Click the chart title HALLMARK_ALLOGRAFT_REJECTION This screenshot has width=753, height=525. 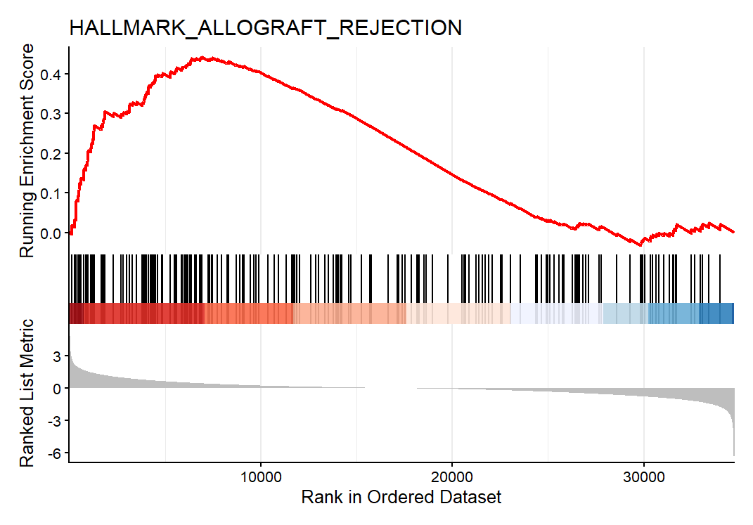point(265,27)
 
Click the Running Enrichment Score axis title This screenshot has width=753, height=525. point(27,150)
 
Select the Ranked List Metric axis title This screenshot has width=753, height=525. point(27,393)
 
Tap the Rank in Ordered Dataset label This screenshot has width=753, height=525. point(401,498)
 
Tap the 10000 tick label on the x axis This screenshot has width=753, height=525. point(261,476)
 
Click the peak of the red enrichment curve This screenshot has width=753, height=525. point(202,58)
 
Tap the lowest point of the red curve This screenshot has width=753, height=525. point(640,245)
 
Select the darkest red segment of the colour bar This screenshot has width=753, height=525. point(77,313)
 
